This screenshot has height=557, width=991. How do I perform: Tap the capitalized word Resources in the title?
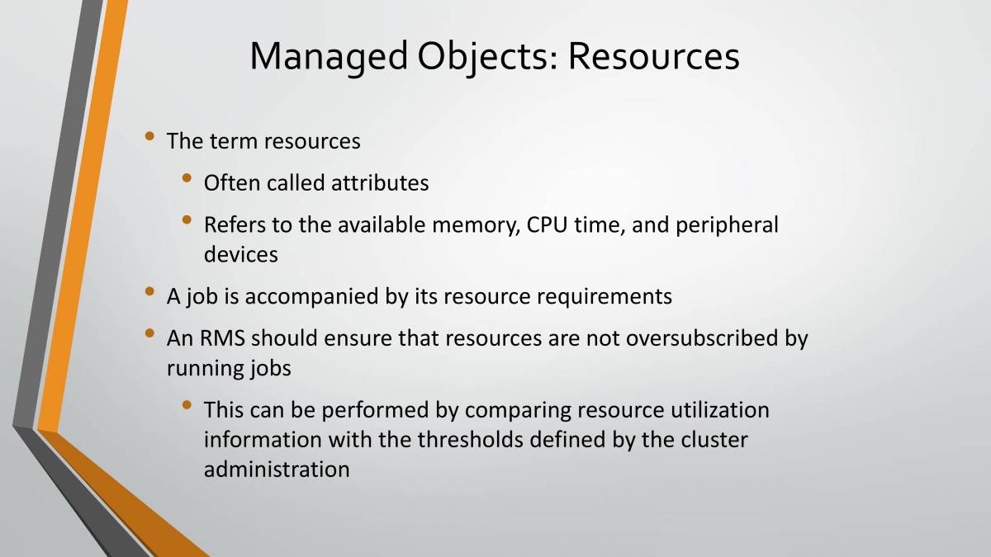(x=653, y=56)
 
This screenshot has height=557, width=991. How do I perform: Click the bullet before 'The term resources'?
(x=149, y=135)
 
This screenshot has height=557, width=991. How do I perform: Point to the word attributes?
(x=380, y=182)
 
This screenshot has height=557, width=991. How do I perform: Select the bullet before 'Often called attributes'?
(x=187, y=177)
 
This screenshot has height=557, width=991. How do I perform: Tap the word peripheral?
(x=727, y=224)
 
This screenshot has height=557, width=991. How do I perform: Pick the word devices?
(x=241, y=254)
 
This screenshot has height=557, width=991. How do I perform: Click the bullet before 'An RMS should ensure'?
(x=149, y=333)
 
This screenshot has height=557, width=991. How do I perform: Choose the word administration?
(x=277, y=469)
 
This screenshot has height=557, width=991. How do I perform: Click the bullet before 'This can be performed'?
(x=187, y=404)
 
